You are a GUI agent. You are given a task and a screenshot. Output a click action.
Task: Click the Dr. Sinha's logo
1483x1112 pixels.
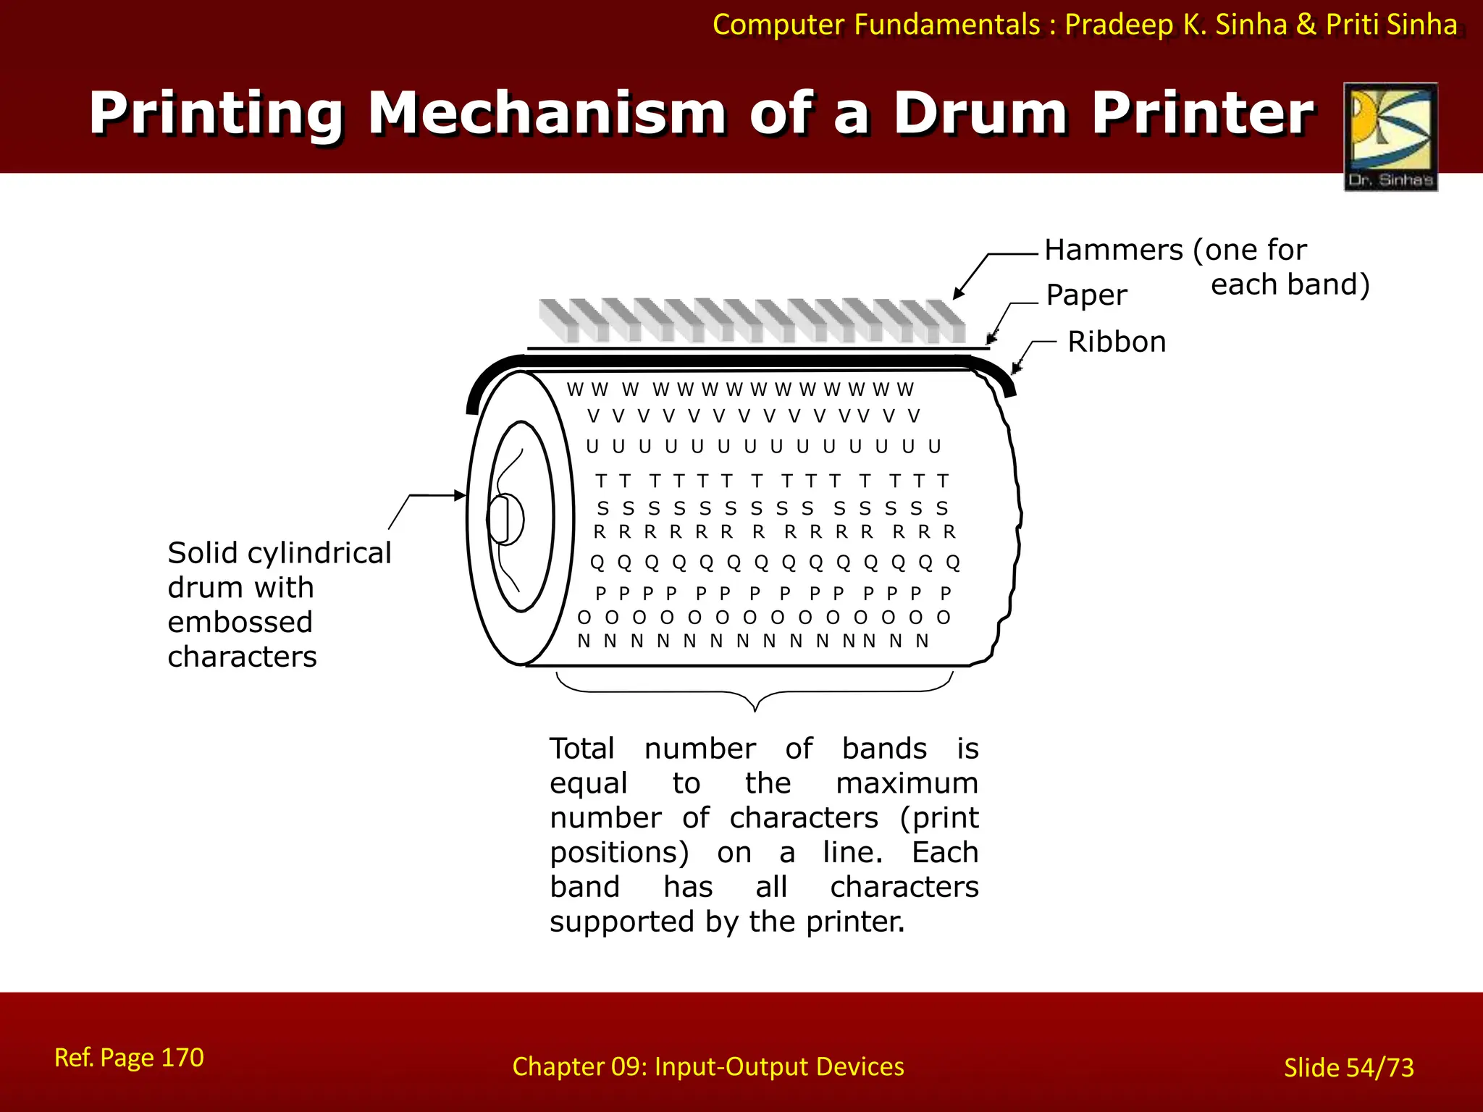point(1390,137)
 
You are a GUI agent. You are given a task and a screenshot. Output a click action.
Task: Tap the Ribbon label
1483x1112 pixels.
point(1117,342)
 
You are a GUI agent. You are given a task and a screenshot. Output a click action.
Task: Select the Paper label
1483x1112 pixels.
point(1086,295)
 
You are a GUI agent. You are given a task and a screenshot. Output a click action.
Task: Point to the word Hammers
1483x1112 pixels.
point(1114,250)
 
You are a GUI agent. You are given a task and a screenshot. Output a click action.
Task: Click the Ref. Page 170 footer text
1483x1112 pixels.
point(129,1058)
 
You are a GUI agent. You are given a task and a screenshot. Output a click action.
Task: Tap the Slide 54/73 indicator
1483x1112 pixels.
point(1348,1068)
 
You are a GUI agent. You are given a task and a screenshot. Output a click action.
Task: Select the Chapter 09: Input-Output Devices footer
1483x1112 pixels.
point(707,1066)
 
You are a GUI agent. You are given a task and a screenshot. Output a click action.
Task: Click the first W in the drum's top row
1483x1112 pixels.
point(575,390)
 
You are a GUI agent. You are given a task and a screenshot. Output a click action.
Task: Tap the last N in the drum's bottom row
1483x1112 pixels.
point(922,641)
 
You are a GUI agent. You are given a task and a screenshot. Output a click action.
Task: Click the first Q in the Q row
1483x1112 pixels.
point(597,563)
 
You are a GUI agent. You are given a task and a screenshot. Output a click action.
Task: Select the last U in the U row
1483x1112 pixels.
point(935,447)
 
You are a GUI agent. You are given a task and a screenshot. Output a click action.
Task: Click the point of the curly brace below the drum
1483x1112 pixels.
point(755,709)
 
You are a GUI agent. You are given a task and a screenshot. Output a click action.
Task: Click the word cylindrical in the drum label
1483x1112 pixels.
point(319,553)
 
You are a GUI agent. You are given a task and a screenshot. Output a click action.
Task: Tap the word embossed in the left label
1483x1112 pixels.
point(240,623)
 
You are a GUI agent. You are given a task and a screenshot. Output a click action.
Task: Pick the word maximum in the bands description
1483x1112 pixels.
point(907,783)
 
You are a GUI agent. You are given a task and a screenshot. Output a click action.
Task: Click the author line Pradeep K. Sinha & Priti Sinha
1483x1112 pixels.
point(1261,25)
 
